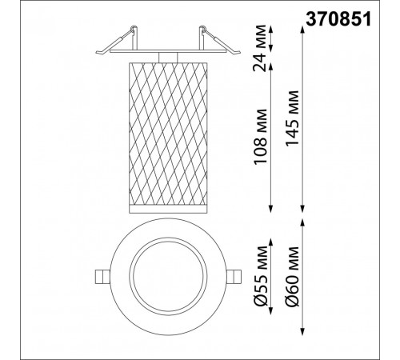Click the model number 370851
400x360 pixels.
338,19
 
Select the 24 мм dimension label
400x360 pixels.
260,48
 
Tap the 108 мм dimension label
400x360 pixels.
260,137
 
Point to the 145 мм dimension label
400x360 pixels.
292,118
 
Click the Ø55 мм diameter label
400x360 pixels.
260,276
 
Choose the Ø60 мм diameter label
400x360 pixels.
292,277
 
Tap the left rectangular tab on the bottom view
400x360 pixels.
102,278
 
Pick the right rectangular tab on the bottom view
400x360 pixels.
234,278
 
